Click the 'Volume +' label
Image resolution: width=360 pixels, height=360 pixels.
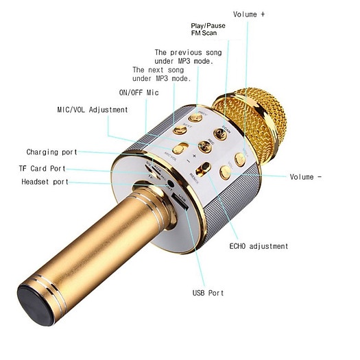click(x=249, y=14)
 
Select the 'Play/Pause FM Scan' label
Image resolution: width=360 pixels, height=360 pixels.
click(x=208, y=29)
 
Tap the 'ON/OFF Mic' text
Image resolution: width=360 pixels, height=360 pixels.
click(x=139, y=93)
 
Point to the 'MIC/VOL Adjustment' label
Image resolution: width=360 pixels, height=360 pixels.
click(x=93, y=110)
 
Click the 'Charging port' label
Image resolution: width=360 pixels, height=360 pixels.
click(x=51, y=152)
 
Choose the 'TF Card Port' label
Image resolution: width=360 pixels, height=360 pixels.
click(x=43, y=169)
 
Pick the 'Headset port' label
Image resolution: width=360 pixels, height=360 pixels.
click(x=45, y=182)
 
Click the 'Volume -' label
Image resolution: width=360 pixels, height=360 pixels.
click(x=306, y=177)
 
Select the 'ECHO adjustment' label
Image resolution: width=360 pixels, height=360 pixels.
click(x=259, y=246)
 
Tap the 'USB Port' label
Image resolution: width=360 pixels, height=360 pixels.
click(x=208, y=293)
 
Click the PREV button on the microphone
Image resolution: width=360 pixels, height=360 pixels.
click(x=195, y=118)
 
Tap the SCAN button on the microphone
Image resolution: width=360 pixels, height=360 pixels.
click(x=220, y=134)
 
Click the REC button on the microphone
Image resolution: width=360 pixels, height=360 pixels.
click(x=205, y=147)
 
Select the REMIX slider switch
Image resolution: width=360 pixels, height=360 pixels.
click(x=203, y=169)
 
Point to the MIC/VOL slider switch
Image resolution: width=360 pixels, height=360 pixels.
click(x=180, y=148)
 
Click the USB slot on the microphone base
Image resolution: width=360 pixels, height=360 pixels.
click(x=180, y=202)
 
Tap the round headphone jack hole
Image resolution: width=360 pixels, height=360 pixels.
click(x=170, y=184)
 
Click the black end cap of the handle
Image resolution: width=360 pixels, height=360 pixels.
click(x=36, y=305)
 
